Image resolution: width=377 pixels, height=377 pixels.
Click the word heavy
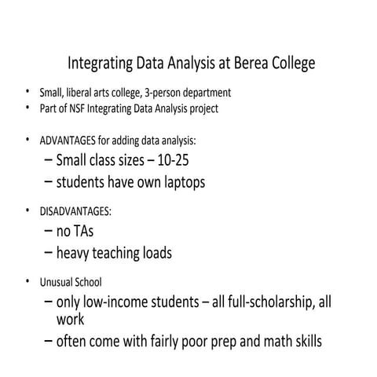pyautogui.click(x=78, y=254)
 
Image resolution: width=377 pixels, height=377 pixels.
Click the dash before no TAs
pyautogui.click(x=49, y=232)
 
